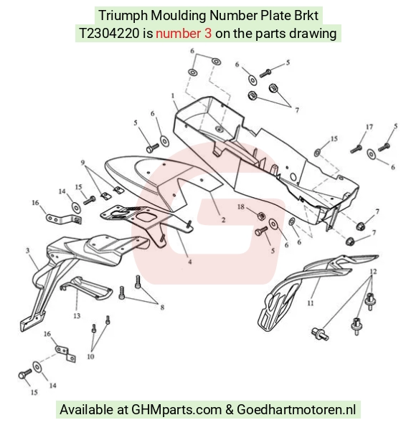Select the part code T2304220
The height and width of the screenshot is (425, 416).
(109, 34)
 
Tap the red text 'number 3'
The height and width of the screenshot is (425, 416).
(184, 34)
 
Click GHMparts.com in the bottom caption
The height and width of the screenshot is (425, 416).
(176, 409)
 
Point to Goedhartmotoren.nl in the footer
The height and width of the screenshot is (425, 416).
(296, 409)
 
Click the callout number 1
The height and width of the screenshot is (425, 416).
(173, 96)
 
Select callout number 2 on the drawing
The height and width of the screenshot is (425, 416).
(223, 219)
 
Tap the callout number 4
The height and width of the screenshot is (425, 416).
(190, 262)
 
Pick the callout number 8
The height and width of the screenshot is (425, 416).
(162, 307)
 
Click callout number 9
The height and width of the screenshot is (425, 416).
(82, 163)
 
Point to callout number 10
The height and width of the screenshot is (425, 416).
(90, 356)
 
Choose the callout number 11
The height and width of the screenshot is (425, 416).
(311, 302)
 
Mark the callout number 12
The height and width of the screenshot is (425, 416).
(373, 272)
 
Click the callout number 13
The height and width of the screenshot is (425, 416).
(77, 315)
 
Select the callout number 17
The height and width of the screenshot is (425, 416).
(369, 127)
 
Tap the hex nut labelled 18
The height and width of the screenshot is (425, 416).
(261, 216)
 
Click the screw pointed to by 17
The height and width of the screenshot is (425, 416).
(356, 149)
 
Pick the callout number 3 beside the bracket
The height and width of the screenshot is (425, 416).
(28, 250)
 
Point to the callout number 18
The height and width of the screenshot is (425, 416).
(241, 207)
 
